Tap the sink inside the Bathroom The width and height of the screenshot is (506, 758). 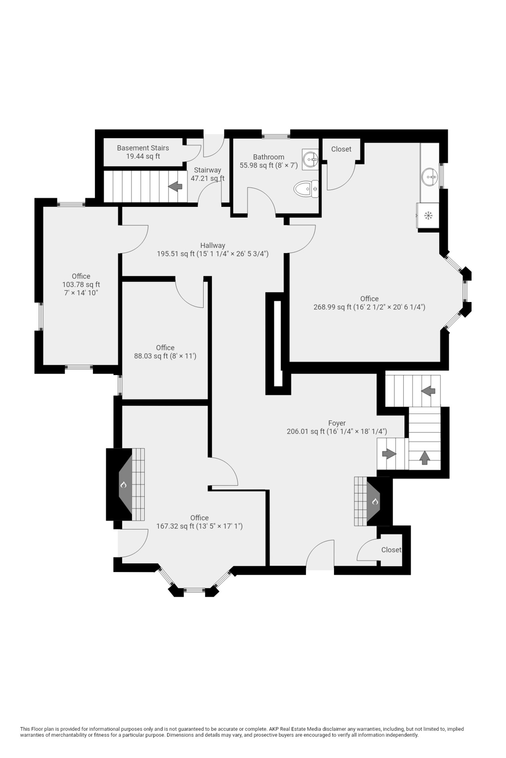click(311, 158)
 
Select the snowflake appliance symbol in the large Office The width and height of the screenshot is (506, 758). click(428, 215)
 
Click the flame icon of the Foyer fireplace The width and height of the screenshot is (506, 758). click(375, 502)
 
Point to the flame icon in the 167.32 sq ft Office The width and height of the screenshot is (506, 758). click(124, 485)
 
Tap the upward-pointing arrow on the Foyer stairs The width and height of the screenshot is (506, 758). click(424, 457)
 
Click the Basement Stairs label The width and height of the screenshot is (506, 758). click(143, 148)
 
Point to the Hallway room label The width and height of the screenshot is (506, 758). click(212, 245)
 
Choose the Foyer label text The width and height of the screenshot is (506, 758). click(337, 423)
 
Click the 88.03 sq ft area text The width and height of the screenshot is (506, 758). click(165, 356)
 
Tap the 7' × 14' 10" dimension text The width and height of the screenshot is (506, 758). click(81, 293)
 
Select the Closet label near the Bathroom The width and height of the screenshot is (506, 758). click(341, 149)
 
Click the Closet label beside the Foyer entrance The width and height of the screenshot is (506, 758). click(391, 550)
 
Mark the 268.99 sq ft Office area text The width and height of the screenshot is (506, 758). click(369, 307)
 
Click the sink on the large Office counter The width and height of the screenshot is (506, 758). click(429, 175)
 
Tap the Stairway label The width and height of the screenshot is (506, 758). click(208, 170)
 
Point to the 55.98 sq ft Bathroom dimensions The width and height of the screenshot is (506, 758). click(268, 165)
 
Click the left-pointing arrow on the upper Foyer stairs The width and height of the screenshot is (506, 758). click(428, 391)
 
